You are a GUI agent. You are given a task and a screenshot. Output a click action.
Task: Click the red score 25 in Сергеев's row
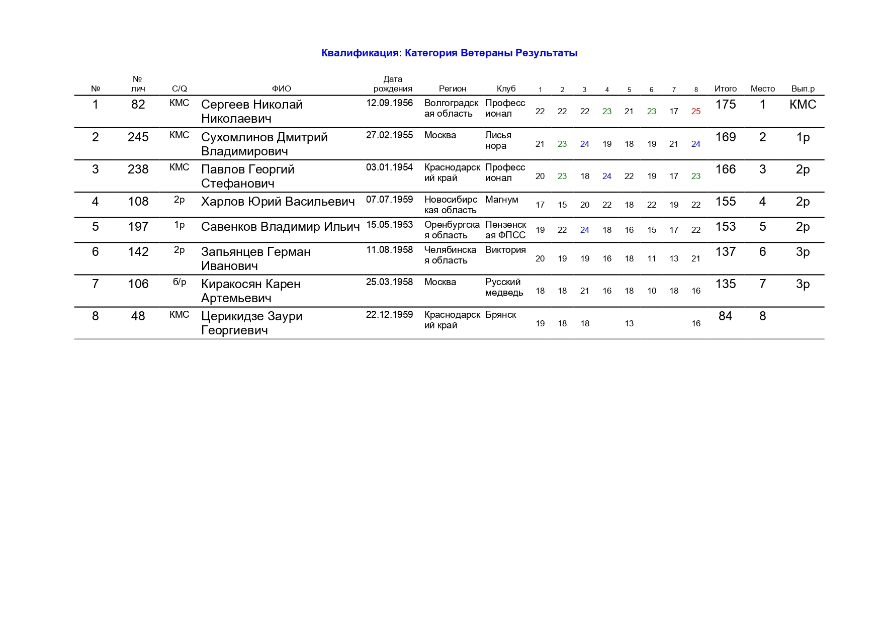pos(695,112)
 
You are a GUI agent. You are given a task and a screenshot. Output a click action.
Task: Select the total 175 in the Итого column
pos(725,105)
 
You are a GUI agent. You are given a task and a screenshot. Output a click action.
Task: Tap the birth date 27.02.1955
pos(389,135)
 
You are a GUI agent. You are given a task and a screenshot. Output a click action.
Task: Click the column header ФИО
pos(281,89)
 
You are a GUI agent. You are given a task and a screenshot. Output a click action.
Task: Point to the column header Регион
pos(452,89)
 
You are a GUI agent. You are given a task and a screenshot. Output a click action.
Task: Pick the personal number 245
pos(138,137)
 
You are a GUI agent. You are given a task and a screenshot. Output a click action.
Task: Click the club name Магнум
pos(501,200)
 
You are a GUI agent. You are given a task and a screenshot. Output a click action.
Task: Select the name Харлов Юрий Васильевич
pos(278,202)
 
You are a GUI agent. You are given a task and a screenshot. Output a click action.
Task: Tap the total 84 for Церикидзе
pos(725,316)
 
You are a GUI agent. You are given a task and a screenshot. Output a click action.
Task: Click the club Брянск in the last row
pos(500,315)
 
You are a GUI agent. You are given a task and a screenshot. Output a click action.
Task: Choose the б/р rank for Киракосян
pos(180,282)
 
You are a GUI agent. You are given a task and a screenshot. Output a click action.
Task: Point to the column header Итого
pos(725,89)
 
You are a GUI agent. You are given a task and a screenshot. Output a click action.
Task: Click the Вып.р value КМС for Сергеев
pos(803,105)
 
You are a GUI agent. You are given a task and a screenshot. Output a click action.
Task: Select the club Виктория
pos(505,250)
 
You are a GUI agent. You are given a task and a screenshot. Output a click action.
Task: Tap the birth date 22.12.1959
pos(389,315)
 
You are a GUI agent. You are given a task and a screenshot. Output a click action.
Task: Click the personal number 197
pos(138,227)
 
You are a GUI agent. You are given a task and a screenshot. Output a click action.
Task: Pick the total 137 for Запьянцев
pos(725,252)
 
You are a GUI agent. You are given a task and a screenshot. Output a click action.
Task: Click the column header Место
pos(762,89)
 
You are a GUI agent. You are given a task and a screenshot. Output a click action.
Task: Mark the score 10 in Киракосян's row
pos(651,291)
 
